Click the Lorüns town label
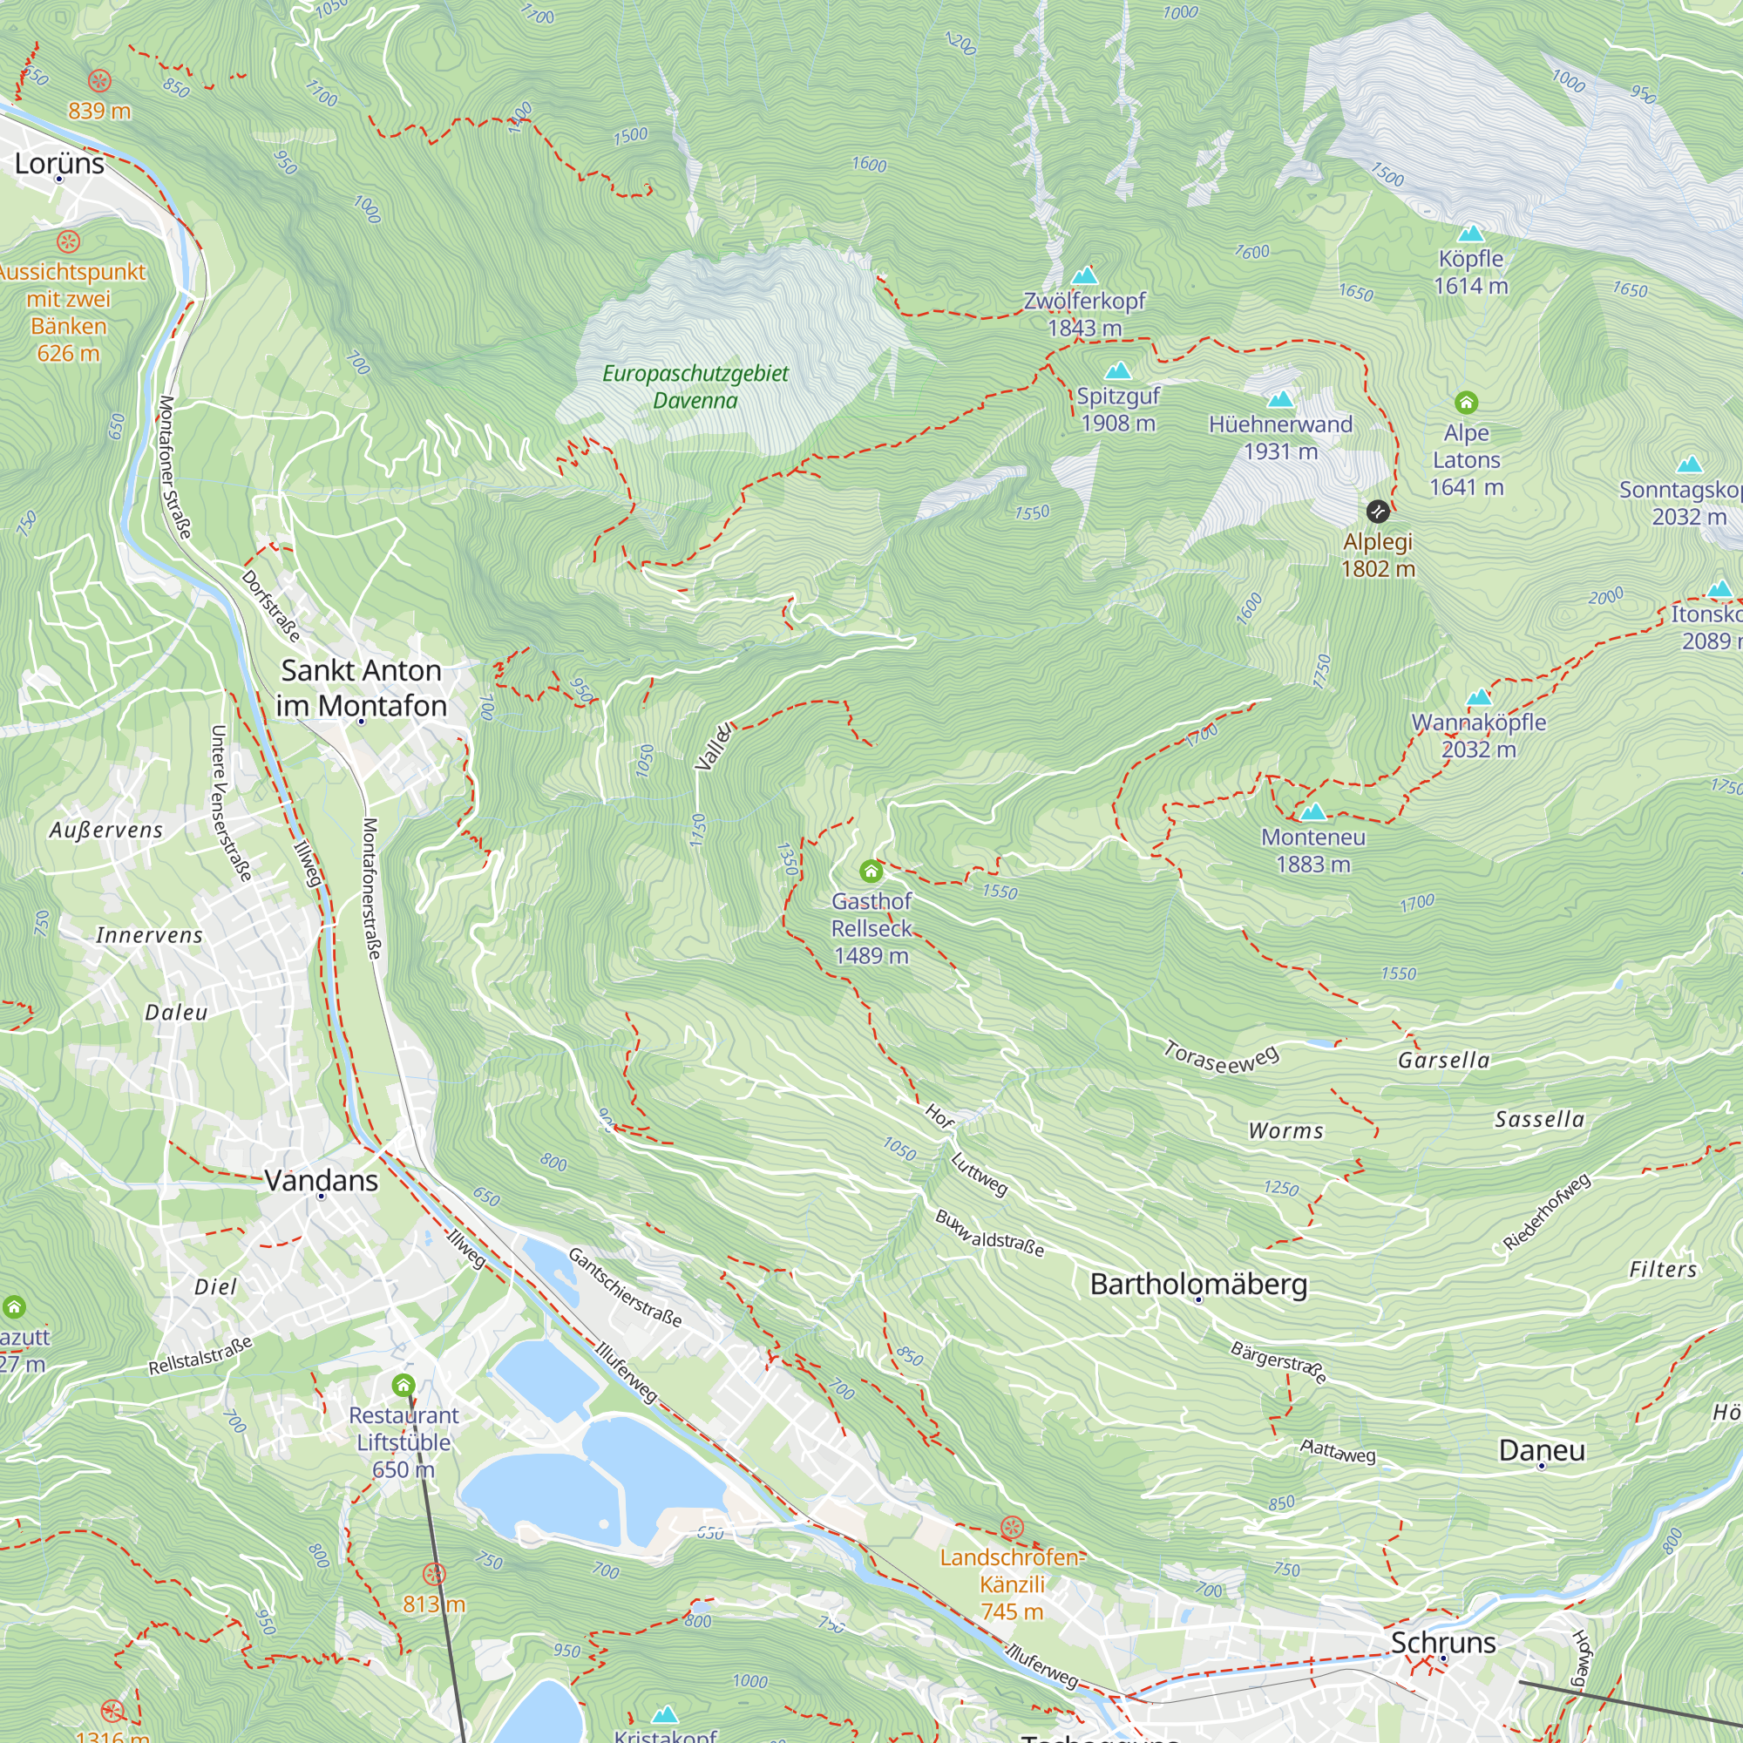pyautogui.click(x=59, y=163)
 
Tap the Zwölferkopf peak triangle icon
pyautogui.click(x=1084, y=275)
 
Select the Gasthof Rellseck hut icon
pyautogui.click(x=871, y=871)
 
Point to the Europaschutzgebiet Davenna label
pyautogui.click(x=695, y=386)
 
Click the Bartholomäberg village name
pyautogui.click(x=1198, y=1283)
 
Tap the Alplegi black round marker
pyautogui.click(x=1378, y=512)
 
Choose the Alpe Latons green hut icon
pyautogui.click(x=1466, y=403)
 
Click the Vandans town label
pyautogui.click(x=322, y=1180)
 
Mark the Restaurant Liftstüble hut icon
pyautogui.click(x=404, y=1384)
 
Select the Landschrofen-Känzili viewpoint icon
pyautogui.click(x=1012, y=1528)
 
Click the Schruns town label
pyautogui.click(x=1442, y=1642)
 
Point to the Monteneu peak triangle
pyautogui.click(x=1312, y=811)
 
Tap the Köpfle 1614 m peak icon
pyautogui.click(x=1470, y=234)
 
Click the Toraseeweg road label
pyautogui.click(x=1221, y=1058)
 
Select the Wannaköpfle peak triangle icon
pyautogui.click(x=1479, y=697)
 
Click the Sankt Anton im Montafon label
pyautogui.click(x=361, y=688)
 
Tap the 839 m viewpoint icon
pyautogui.click(x=99, y=80)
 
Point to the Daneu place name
pyautogui.click(x=1541, y=1450)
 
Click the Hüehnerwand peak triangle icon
pyautogui.click(x=1280, y=399)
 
